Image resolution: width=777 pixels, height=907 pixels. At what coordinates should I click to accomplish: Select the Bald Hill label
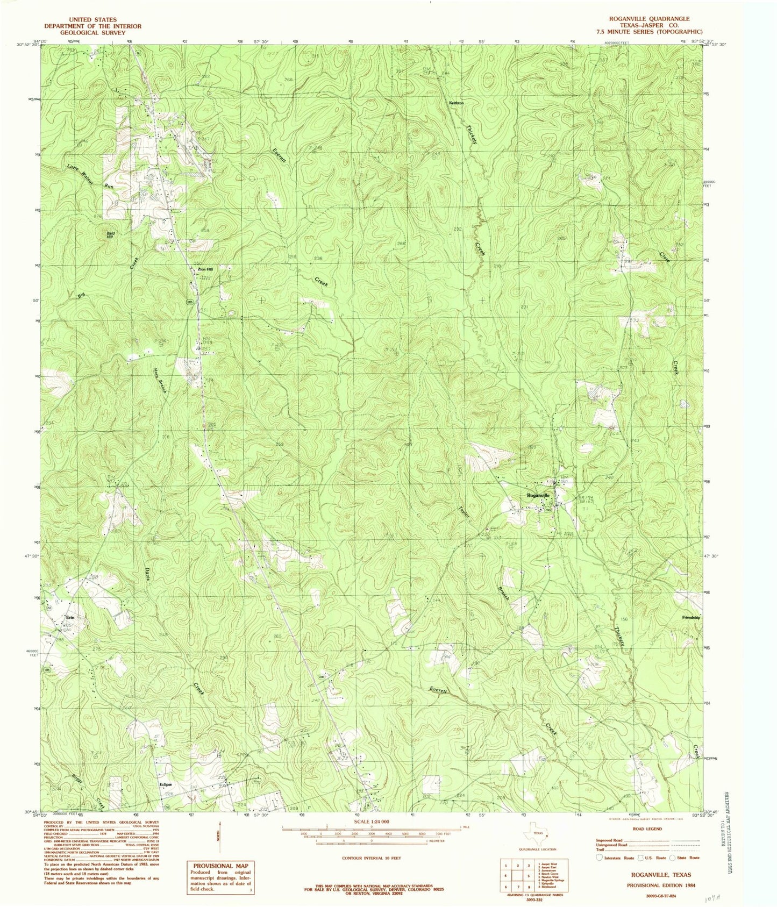[x=110, y=234]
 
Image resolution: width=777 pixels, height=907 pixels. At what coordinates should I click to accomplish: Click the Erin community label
[x=69, y=617]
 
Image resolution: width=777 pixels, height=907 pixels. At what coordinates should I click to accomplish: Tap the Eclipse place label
[x=166, y=784]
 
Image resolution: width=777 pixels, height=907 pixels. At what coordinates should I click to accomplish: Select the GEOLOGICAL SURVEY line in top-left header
[x=92, y=32]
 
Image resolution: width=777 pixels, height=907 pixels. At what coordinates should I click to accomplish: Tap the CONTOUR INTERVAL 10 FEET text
[x=371, y=858]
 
